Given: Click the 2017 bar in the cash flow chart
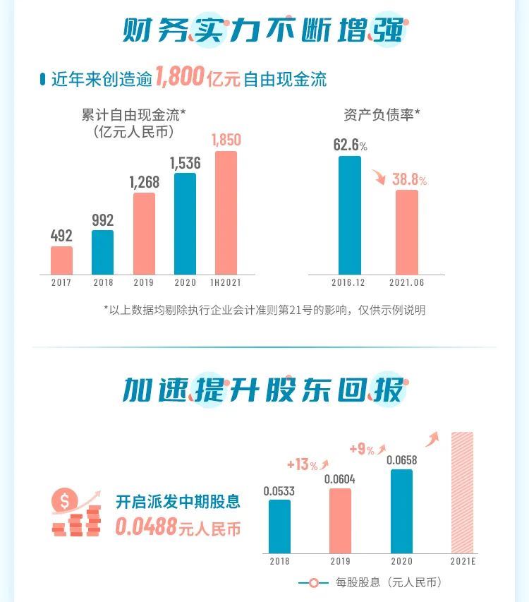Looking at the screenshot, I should (61, 260).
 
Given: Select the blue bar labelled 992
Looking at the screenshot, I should (102, 252).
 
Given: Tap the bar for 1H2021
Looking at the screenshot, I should (226, 212).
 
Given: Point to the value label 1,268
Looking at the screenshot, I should (144, 182).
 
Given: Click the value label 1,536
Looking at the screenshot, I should (185, 163).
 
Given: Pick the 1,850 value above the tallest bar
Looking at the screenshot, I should (226, 140).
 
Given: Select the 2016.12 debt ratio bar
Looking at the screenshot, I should (350, 215).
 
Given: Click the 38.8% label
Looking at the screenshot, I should (409, 179).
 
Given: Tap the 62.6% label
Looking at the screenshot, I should (350, 145).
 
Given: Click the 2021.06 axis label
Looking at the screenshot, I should (407, 283).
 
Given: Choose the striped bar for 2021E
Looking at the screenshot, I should (462, 492).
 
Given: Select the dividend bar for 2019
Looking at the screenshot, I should (340, 521).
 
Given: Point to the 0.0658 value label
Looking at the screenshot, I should (401, 460).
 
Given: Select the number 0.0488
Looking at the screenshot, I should (145, 527).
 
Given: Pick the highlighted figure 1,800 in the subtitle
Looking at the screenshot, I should (179, 76).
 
